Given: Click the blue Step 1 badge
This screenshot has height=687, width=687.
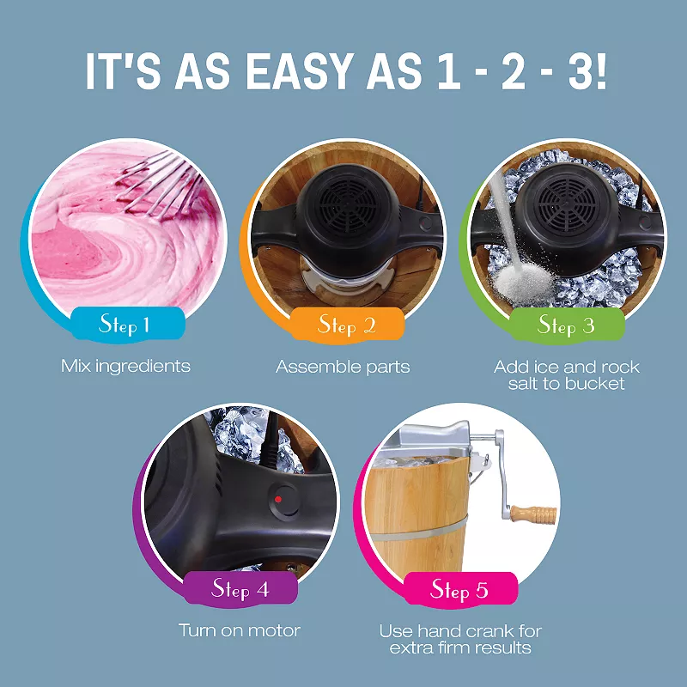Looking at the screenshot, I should pyautogui.click(x=125, y=324).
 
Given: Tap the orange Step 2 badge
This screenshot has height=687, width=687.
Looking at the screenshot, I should pyautogui.click(x=346, y=324).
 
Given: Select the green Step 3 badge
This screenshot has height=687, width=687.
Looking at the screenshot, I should pyautogui.click(x=566, y=325).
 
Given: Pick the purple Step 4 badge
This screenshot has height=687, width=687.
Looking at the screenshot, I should pyautogui.click(x=240, y=588).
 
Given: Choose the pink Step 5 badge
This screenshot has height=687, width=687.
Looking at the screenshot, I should pyautogui.click(x=459, y=589).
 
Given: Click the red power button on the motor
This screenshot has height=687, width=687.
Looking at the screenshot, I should pyautogui.click(x=278, y=498).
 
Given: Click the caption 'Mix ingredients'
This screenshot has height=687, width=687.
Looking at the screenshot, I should pyautogui.click(x=125, y=366).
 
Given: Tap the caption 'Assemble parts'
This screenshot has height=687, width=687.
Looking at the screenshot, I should pyautogui.click(x=343, y=367).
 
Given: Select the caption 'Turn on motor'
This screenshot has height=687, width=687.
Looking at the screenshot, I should pyautogui.click(x=240, y=630).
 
